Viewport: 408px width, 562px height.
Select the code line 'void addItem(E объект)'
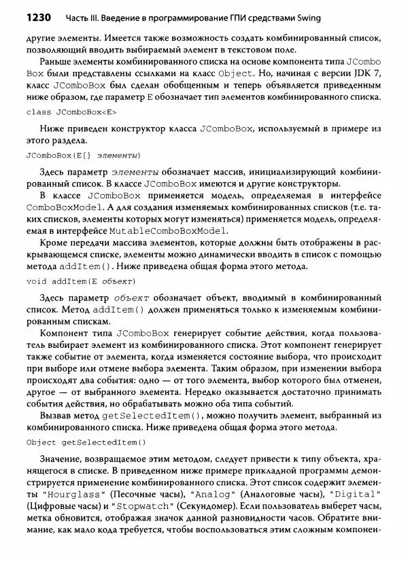coord(80,281)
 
